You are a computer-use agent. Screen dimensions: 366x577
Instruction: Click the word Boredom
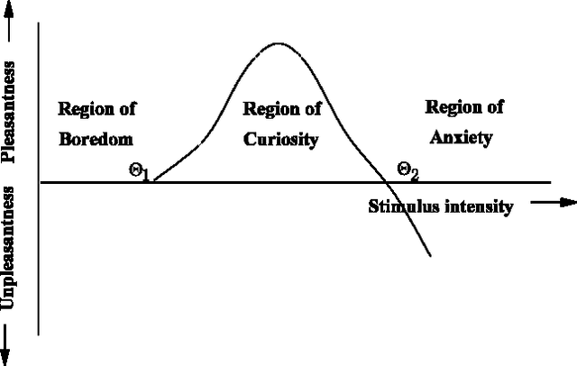tap(96, 140)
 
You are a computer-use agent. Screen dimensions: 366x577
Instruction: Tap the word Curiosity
tap(282, 140)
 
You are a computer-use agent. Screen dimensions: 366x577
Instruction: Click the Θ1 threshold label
tap(139, 171)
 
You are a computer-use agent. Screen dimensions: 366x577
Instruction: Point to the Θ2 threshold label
tap(408, 169)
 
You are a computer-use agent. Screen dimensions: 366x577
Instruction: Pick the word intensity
tap(477, 207)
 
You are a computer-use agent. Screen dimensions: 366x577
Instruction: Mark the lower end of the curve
tap(430, 255)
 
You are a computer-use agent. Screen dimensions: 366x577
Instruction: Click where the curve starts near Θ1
tap(155, 181)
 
